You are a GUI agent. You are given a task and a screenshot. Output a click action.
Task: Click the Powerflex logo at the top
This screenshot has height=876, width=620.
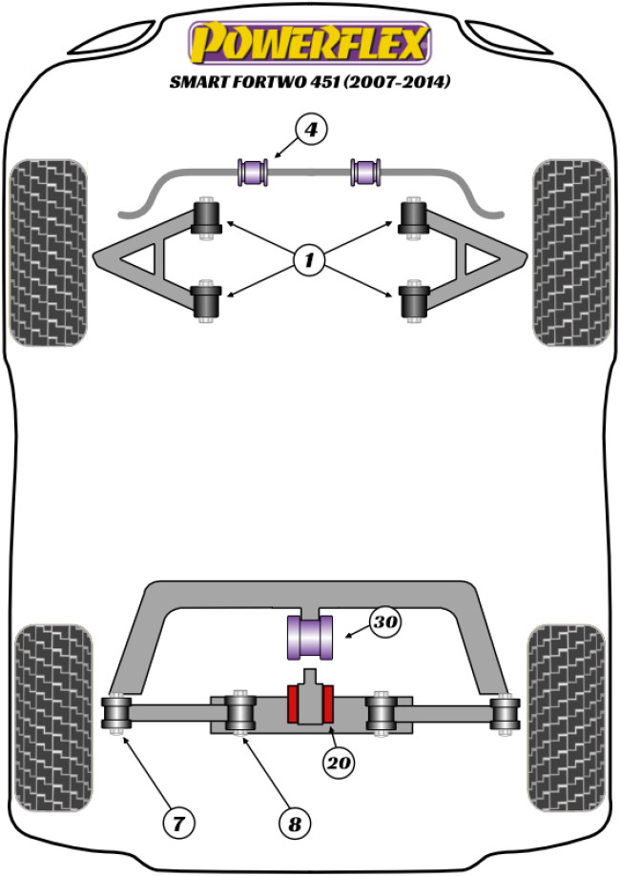[310, 43]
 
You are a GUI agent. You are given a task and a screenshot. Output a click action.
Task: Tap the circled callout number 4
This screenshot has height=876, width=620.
[311, 130]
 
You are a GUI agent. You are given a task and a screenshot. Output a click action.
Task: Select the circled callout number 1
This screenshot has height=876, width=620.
[309, 256]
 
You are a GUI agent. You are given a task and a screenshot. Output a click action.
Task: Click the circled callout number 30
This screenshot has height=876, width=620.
[386, 623]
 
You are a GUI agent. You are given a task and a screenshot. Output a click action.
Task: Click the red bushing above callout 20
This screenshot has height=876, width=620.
[309, 704]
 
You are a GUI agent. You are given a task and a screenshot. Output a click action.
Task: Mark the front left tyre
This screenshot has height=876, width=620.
[49, 252]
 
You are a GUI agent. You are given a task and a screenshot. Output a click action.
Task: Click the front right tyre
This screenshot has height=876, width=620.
[570, 252]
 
